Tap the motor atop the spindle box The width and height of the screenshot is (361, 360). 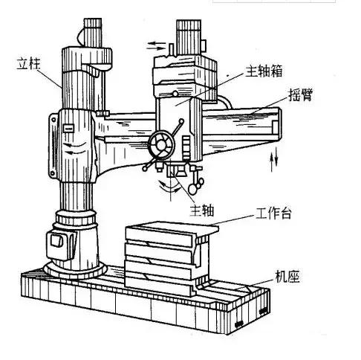click(x=189, y=33)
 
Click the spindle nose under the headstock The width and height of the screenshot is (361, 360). click(x=173, y=175)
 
